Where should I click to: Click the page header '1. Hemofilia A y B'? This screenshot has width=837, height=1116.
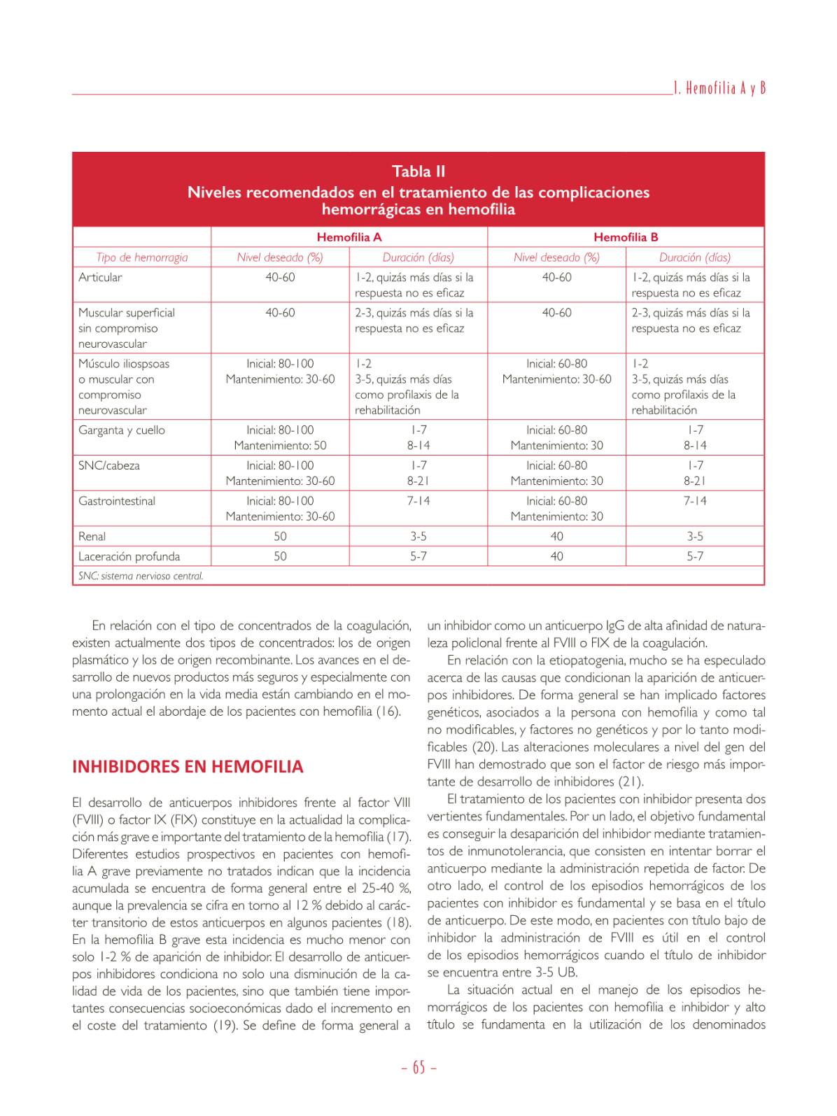719,88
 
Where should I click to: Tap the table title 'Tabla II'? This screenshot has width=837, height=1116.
418,171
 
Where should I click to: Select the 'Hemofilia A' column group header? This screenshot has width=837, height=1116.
349,237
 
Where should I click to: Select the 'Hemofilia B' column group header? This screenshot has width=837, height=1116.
626,237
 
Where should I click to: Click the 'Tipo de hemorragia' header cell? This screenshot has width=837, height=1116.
142,257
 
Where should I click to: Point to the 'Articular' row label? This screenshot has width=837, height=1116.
100,278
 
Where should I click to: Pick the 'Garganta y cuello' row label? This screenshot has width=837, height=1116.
122,430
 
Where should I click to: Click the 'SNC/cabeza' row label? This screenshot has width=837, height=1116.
108,466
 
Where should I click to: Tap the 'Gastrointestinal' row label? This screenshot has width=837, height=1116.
117,502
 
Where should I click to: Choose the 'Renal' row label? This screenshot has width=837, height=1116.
92,537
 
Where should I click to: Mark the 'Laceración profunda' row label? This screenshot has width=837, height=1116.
129,557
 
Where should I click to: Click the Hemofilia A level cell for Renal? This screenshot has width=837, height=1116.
280,537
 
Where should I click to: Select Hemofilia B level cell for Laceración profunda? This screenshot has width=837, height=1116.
556,557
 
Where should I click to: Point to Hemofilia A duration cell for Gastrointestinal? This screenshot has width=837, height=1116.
418,502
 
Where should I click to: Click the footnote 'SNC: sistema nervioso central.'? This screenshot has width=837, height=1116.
141,577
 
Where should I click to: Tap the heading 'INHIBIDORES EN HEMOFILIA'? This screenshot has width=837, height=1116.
188,767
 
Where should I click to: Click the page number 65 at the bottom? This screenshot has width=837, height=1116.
418,1068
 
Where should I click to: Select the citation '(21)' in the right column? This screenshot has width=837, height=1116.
632,782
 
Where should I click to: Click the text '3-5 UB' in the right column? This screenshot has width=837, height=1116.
556,973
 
